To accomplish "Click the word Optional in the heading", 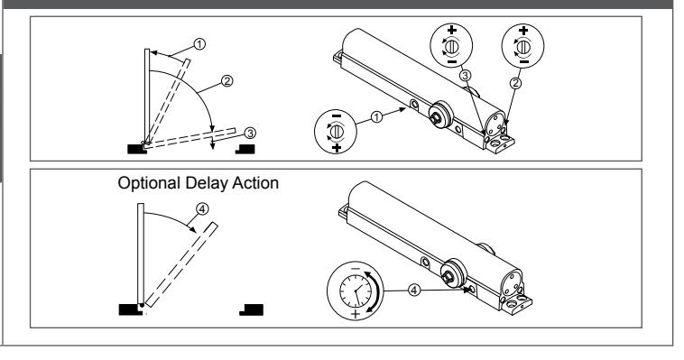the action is (x=149, y=183).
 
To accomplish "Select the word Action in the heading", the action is (x=255, y=183).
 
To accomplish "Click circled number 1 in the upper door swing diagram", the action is (x=199, y=44).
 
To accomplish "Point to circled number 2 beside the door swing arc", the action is (x=226, y=80).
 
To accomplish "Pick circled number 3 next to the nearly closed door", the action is (x=250, y=133).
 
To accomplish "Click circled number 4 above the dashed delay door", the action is (x=202, y=209).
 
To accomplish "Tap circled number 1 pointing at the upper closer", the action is (x=377, y=117).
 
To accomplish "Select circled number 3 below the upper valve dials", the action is (x=466, y=76).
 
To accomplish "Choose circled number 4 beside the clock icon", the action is (x=414, y=290).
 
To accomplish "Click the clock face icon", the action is (x=356, y=291).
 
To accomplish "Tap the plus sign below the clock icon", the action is (x=356, y=314).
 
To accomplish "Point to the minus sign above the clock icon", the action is (x=356, y=268).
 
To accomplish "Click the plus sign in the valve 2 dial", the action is (x=523, y=31).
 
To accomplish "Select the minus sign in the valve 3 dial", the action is (x=452, y=62).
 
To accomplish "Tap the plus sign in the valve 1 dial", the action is (x=337, y=148).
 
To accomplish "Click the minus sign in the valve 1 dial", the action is (x=337, y=115).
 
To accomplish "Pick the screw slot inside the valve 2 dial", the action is (x=523, y=46).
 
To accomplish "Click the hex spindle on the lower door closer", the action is (x=447, y=277).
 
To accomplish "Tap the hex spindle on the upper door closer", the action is (x=434, y=117).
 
